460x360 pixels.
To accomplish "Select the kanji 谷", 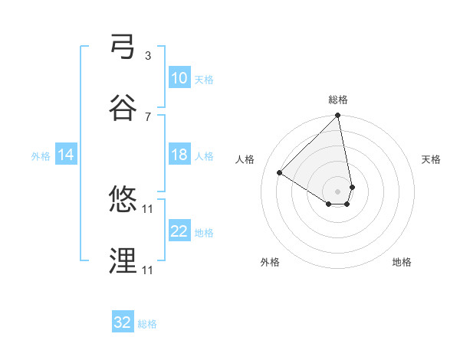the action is pyautogui.click(x=123, y=108).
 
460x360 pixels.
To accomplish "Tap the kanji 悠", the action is pyautogui.click(x=123, y=200).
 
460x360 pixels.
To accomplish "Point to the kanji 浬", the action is pyautogui.click(x=123, y=261).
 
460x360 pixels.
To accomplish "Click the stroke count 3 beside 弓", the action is pyautogui.click(x=148, y=55).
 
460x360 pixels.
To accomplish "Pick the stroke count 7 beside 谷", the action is pyautogui.click(x=148, y=116).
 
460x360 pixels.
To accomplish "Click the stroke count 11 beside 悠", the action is pyautogui.click(x=149, y=208).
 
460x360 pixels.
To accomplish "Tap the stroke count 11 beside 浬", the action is pyautogui.click(x=149, y=270).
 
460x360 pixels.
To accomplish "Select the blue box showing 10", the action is pyautogui.click(x=179, y=78).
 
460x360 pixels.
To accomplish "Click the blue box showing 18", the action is pyautogui.click(x=179, y=155).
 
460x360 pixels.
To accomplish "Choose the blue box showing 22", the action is pyautogui.click(x=179, y=231).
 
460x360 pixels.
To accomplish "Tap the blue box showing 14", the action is pyautogui.click(x=66, y=155).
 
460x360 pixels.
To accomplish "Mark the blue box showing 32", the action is pyautogui.click(x=123, y=322).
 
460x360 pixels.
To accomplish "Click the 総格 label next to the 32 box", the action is pyautogui.click(x=147, y=324).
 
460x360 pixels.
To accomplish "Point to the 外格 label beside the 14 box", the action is pyautogui.click(x=41, y=155).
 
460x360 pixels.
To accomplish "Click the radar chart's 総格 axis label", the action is pyautogui.click(x=338, y=100).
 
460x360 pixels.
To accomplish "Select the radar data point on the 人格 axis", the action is pyautogui.click(x=280, y=173).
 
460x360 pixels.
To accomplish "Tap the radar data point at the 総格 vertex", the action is pyautogui.click(x=338, y=116).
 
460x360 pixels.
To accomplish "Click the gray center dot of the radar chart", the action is pyautogui.click(x=338, y=191).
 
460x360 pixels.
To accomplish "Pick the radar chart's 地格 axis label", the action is pyautogui.click(x=402, y=262).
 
